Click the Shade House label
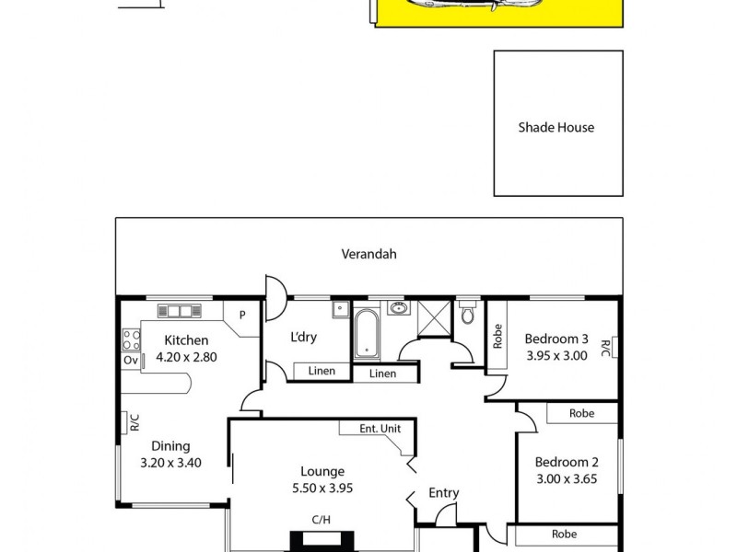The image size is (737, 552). coord(556,128)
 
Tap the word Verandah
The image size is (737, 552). coord(368,254)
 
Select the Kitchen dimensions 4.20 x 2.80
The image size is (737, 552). coord(185,357)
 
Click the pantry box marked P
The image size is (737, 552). coord(242,314)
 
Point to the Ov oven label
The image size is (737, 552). coord(130,360)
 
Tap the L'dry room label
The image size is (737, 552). coord(303,337)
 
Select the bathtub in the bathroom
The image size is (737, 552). coord(366,333)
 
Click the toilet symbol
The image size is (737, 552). coord(468,316)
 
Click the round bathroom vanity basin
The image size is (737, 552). coord(398,308)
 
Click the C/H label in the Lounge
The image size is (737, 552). coord(321,520)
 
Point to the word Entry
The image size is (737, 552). coord(443,493)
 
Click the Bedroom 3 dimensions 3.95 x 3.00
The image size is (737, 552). coord(556,356)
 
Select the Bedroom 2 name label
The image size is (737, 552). coord(568,462)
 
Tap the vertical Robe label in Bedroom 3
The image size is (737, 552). coord(497,336)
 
